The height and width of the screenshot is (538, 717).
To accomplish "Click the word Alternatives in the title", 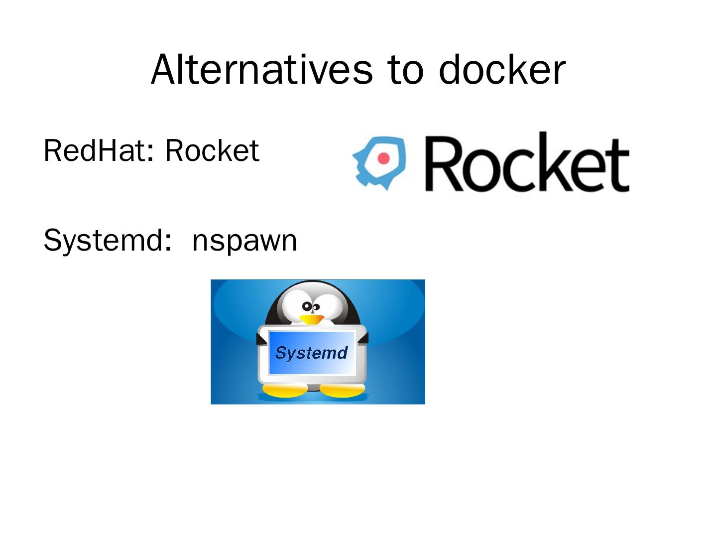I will click(x=261, y=69).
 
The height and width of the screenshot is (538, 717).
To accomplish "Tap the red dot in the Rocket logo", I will click(x=383, y=158).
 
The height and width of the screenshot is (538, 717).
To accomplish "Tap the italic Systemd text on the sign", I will click(x=311, y=353).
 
